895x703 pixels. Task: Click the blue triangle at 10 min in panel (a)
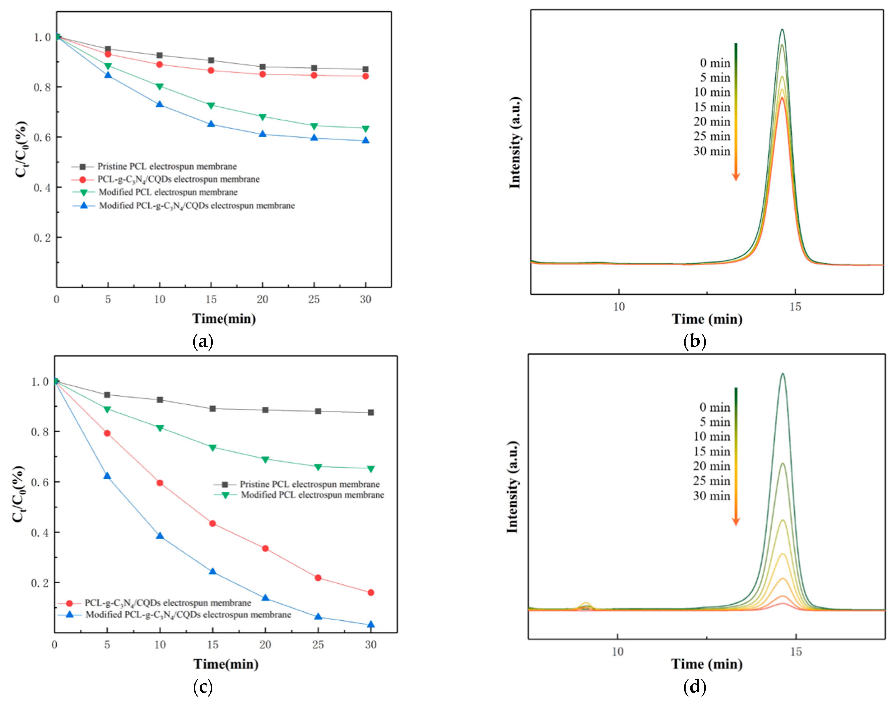pyautogui.click(x=160, y=104)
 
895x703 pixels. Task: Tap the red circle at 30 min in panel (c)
pyautogui.click(x=371, y=593)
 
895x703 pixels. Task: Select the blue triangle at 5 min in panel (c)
pyautogui.click(x=107, y=476)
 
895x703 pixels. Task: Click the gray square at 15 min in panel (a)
pyautogui.click(x=211, y=60)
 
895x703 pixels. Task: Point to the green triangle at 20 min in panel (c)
pyautogui.click(x=265, y=459)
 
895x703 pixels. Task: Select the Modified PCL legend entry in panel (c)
pyautogui.click(x=312, y=495)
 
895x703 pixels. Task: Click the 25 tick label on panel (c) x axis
pyautogui.click(x=318, y=645)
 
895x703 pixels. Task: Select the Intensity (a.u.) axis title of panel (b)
pyautogui.click(x=515, y=143)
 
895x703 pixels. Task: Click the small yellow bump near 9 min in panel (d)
pyautogui.click(x=586, y=604)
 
